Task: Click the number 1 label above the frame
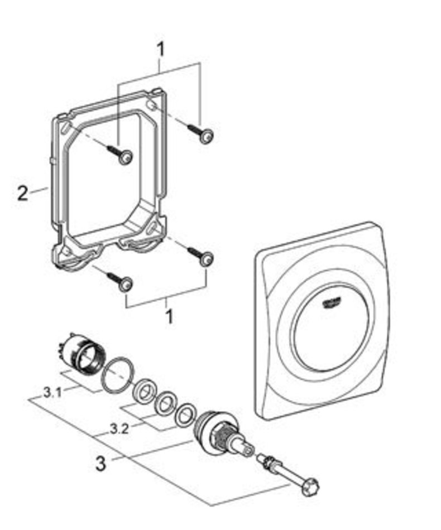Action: pyautogui.click(x=161, y=50)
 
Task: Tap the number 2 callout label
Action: pyautogui.click(x=22, y=194)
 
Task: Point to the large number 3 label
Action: pyautogui.click(x=100, y=464)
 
